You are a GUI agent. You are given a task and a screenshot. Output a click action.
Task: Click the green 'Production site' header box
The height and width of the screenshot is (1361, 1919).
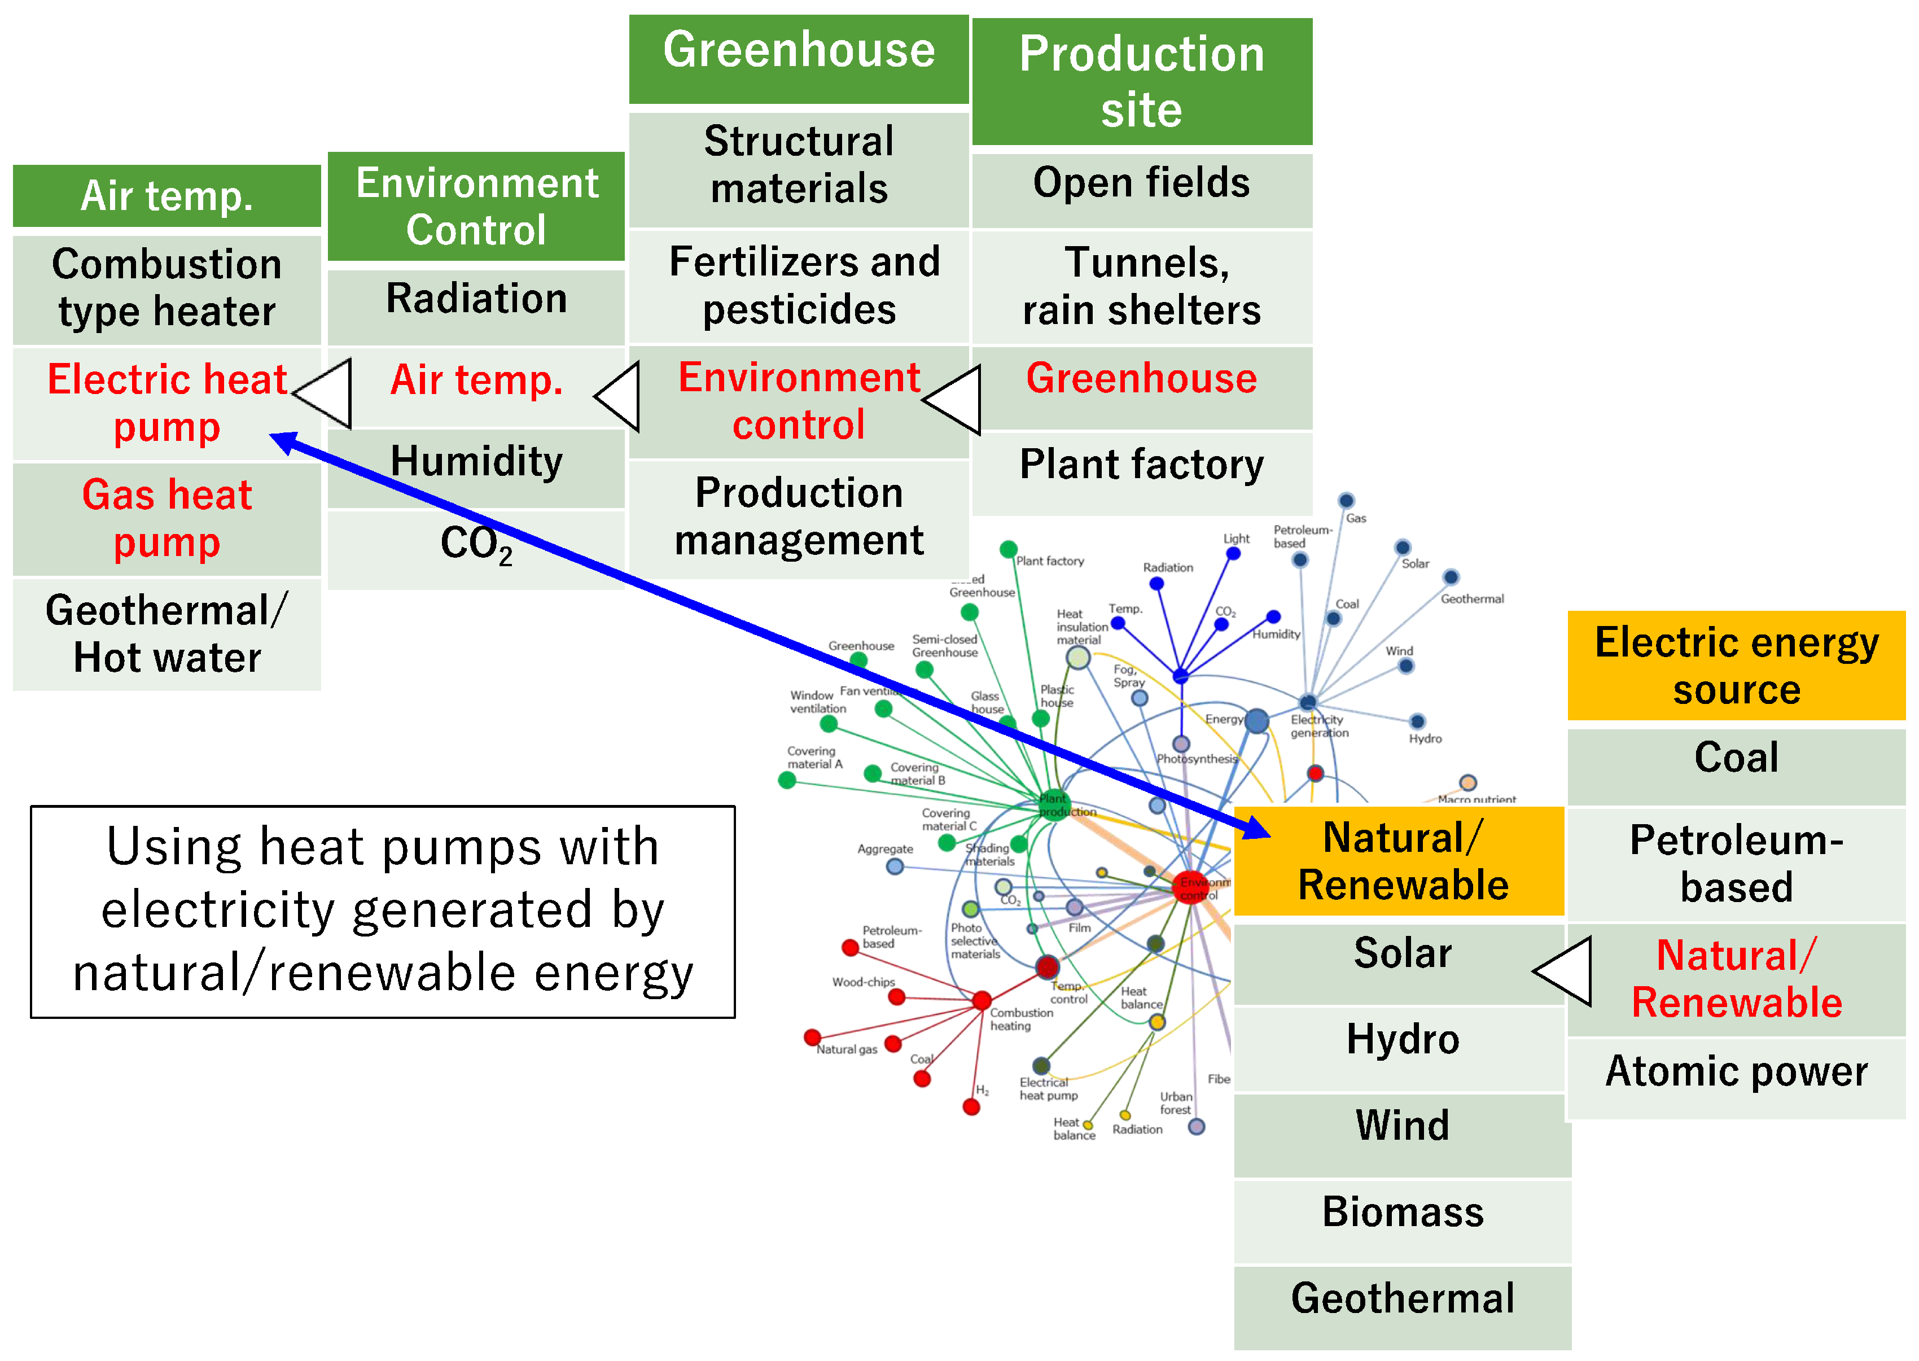point(1141,81)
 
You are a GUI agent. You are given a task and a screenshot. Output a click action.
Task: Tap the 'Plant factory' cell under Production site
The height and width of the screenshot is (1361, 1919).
point(1141,465)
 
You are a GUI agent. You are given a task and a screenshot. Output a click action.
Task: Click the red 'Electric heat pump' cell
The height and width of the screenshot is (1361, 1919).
point(166,403)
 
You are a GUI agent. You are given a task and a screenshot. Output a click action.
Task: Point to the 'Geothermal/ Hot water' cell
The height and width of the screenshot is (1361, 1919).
point(166,633)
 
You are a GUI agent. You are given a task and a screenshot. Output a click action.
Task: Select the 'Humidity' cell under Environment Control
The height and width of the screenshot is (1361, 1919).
point(475,462)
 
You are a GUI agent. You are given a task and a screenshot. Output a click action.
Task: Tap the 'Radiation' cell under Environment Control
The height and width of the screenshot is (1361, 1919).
point(475,299)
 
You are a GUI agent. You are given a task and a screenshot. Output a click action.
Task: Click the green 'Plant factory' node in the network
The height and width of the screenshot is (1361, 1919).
point(1008,550)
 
